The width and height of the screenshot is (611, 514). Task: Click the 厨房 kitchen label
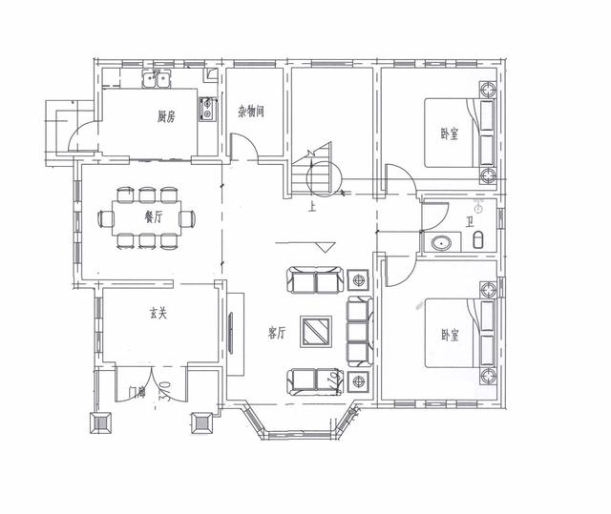click(x=167, y=117)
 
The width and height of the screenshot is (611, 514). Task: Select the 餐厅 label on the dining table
click(x=153, y=216)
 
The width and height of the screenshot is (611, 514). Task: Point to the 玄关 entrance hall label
click(x=158, y=313)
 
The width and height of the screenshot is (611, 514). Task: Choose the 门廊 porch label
click(x=137, y=391)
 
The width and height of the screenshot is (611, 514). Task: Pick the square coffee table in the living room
click(x=317, y=331)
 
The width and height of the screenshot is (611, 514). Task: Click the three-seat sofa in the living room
click(x=360, y=331)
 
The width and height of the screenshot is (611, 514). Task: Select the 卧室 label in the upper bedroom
click(x=450, y=134)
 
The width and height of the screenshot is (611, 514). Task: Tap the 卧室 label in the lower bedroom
click(x=450, y=336)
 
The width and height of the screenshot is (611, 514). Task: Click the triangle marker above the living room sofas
click(x=326, y=247)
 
